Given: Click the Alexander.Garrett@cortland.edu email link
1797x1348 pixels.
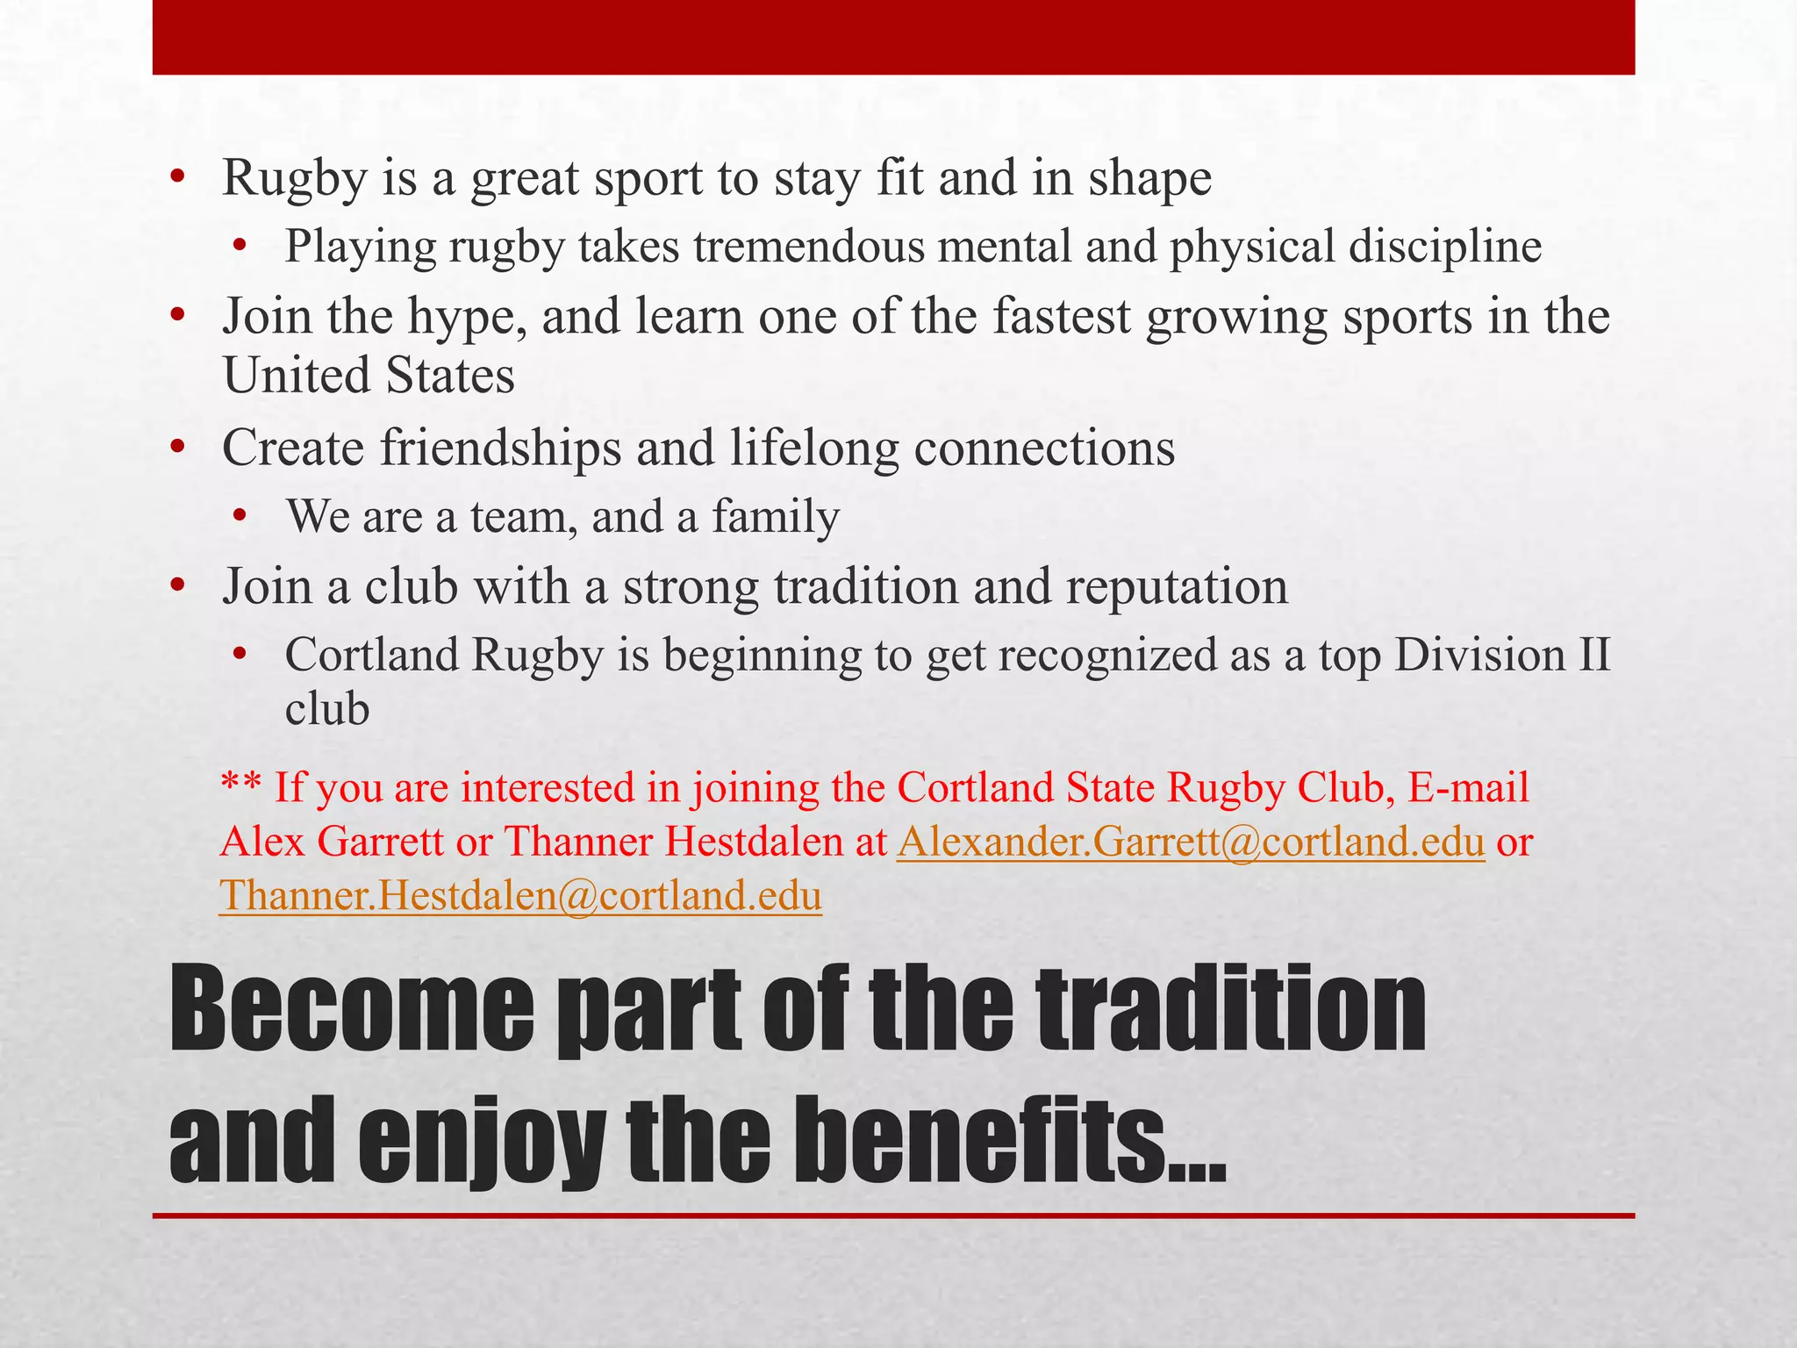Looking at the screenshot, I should pyautogui.click(x=1191, y=842).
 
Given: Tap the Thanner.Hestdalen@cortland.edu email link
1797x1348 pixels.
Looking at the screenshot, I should pyautogui.click(x=520, y=896).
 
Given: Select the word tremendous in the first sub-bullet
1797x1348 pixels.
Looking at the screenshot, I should pyautogui.click(x=808, y=247).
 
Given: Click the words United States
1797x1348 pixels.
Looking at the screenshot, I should pyautogui.click(x=369, y=376).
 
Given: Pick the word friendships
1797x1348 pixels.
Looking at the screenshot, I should pyautogui.click(x=500, y=448).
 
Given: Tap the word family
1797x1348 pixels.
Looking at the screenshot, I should pyautogui.click(x=776, y=517).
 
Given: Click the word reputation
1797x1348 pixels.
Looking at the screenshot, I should pyautogui.click(x=1177, y=587).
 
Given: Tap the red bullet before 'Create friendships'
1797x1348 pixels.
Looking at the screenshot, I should pyautogui.click(x=178, y=448).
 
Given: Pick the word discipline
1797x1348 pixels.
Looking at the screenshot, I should pyautogui.click(x=1445, y=247).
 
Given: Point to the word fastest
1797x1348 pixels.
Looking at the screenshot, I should pyautogui.click(x=1062, y=317).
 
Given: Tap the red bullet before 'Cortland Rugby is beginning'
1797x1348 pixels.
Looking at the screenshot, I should pyautogui.click(x=241, y=656).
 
